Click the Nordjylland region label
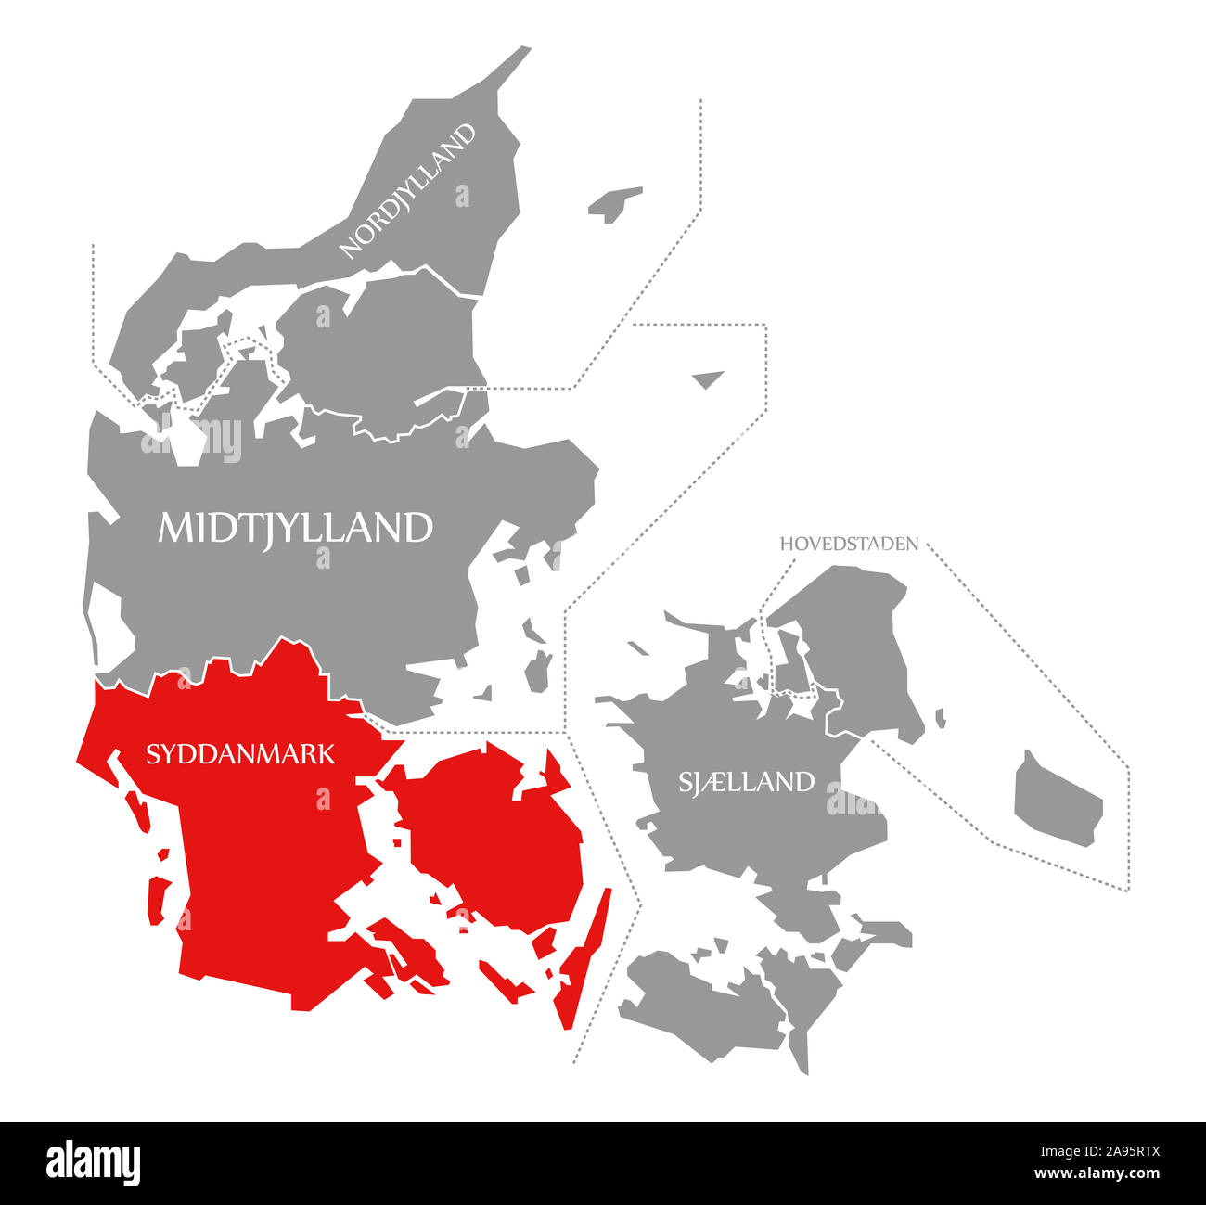click(x=408, y=190)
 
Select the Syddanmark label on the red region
click(x=240, y=754)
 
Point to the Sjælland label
click(x=746, y=782)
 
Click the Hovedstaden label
click(x=849, y=544)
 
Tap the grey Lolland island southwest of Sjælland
click(x=705, y=1002)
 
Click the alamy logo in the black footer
click(x=94, y=1162)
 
